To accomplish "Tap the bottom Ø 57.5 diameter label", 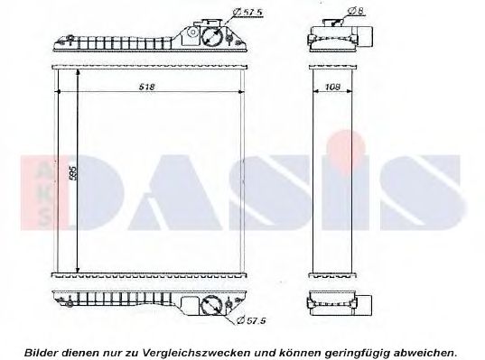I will click(x=249, y=319).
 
